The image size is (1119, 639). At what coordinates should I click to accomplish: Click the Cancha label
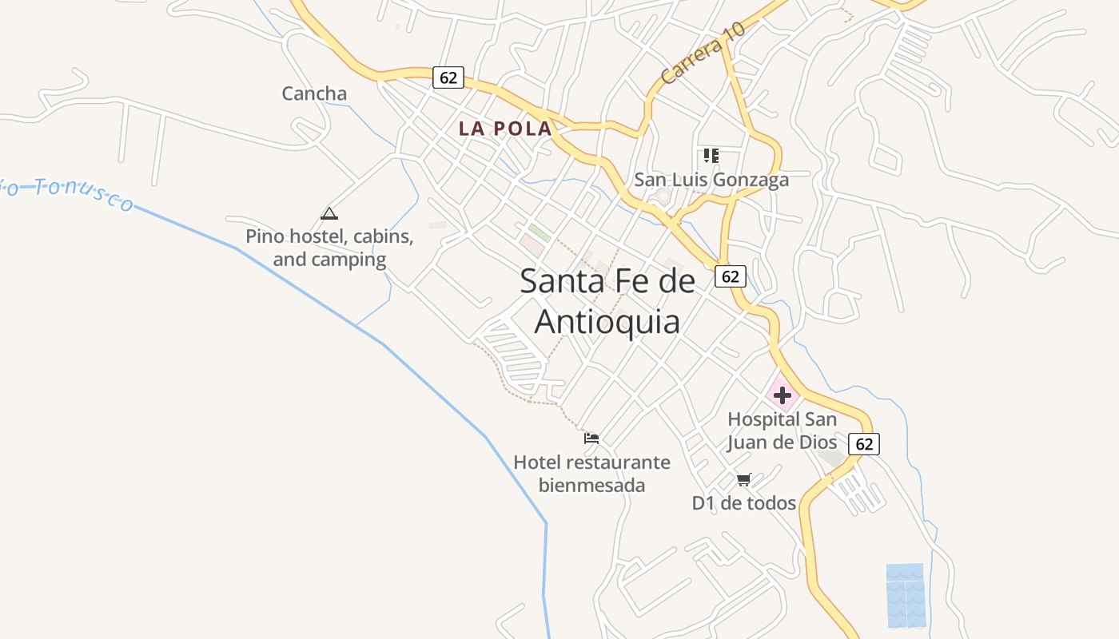point(314,93)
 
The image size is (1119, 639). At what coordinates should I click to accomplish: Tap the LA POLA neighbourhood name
point(505,128)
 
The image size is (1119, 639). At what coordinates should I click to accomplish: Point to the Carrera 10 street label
point(703,54)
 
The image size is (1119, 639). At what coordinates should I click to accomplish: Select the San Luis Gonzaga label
point(711,180)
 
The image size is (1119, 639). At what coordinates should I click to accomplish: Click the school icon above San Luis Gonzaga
point(711,155)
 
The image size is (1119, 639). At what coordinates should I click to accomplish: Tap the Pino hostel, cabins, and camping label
point(329,248)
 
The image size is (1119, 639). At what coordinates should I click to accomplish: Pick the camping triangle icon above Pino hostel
point(329,213)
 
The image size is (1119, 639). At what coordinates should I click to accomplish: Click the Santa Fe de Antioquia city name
point(607,301)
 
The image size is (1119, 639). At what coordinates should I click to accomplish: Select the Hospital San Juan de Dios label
point(782,431)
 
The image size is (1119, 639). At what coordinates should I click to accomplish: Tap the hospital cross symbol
point(782,395)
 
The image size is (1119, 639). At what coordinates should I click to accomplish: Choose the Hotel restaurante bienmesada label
point(591,473)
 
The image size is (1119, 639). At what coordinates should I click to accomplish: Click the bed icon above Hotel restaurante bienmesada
point(591,438)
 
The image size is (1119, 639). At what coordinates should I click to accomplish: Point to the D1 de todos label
point(743,503)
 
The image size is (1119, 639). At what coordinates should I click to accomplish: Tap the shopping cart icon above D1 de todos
point(744,479)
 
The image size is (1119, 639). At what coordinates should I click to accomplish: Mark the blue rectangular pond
point(906,595)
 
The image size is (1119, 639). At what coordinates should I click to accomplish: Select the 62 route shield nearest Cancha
point(448,77)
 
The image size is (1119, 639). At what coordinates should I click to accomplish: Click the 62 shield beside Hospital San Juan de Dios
point(864,444)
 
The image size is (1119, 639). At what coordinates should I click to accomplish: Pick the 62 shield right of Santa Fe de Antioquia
point(730,276)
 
